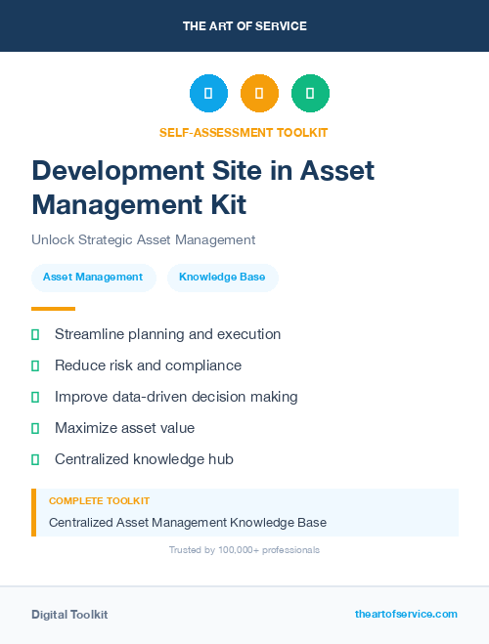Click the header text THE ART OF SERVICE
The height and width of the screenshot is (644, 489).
tap(244, 26)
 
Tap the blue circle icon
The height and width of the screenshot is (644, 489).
tap(208, 93)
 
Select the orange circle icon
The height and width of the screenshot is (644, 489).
tap(259, 93)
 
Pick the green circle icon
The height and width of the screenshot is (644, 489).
tap(310, 93)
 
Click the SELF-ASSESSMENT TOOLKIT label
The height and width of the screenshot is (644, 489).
tap(244, 132)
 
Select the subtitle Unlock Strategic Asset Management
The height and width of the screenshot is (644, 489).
tap(143, 239)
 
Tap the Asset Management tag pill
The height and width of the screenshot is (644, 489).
tap(93, 278)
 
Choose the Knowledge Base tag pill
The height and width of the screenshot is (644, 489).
tap(222, 278)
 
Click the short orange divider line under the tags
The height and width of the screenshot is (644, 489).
tap(53, 309)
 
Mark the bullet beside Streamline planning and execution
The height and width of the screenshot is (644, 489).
tap(35, 334)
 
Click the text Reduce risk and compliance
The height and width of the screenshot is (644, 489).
tap(148, 365)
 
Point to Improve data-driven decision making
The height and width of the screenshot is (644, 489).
tap(176, 397)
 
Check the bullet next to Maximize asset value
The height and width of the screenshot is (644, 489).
tap(35, 428)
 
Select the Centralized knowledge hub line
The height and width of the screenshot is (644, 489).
tap(144, 459)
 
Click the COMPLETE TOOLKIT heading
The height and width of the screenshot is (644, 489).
tap(99, 500)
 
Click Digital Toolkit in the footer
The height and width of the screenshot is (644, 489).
tap(69, 614)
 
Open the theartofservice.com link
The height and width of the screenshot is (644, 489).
tap(406, 614)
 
